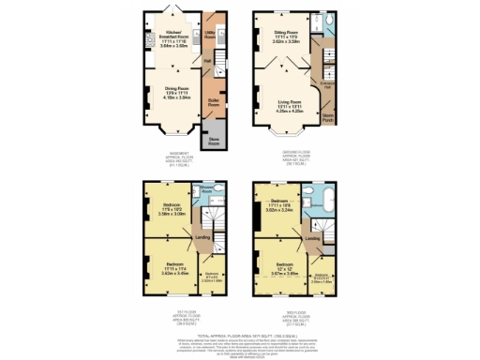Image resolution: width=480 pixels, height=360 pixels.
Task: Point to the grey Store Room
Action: [213, 142]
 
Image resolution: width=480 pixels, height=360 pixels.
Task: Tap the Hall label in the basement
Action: [207, 62]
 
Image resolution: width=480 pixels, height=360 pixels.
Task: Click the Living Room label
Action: [285, 105]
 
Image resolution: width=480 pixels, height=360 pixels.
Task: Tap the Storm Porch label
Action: [328, 119]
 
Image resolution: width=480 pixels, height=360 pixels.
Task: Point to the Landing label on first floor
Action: [202, 237]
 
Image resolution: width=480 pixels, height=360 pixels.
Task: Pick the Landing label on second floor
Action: [313, 238]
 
